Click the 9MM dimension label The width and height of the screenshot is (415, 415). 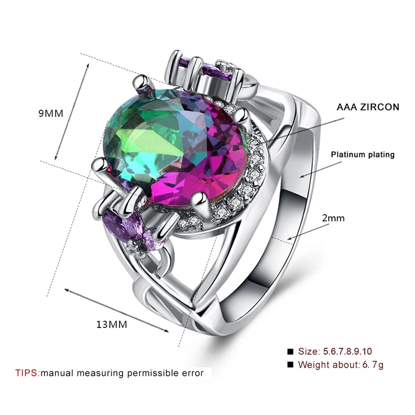coord(51,114)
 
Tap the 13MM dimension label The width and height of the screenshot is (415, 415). coord(112,325)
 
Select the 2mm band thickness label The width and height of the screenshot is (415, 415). coord(333,218)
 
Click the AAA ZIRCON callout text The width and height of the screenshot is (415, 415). coord(368,107)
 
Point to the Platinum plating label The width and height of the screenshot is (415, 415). coord(363,155)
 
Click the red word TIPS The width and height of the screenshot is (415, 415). coord(27,373)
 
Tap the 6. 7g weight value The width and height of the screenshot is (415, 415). coord(372,365)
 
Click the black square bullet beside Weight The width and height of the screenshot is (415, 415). coord(290,365)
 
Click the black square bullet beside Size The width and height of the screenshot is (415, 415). coord(290,352)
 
